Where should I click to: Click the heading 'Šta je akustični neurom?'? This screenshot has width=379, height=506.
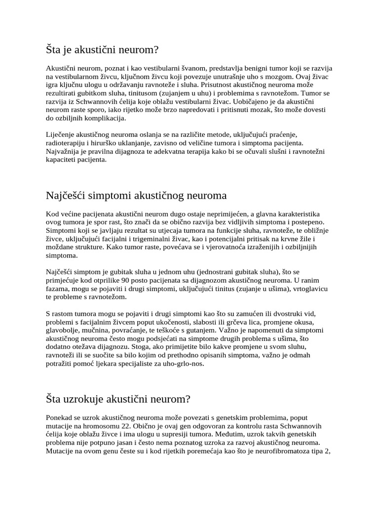point(102,49)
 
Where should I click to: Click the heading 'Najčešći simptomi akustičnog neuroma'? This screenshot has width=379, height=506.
point(129,195)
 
